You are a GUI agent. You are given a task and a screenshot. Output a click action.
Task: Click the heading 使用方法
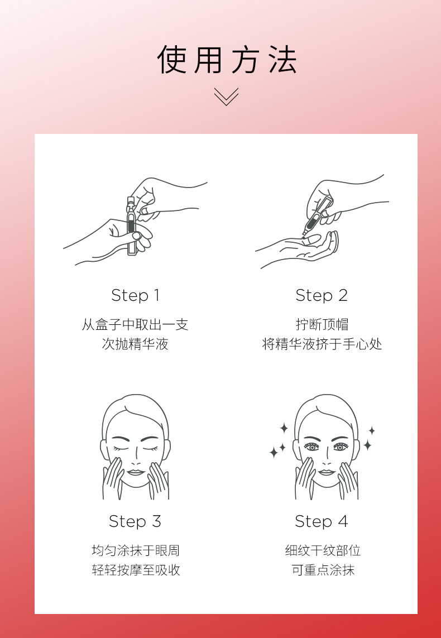227,59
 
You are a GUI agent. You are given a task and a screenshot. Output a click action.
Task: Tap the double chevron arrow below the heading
226,97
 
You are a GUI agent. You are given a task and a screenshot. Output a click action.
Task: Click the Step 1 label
135,295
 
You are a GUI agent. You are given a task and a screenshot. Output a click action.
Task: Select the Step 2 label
322,295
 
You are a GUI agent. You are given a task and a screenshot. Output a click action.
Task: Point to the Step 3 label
135,521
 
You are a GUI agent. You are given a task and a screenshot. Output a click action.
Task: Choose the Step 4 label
322,521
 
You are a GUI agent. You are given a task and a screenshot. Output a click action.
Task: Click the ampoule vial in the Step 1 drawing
131,226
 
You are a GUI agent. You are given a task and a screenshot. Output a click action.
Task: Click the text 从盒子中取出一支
135,325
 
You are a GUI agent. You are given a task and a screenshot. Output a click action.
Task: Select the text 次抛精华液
135,344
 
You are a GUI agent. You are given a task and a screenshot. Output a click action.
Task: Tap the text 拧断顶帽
322,325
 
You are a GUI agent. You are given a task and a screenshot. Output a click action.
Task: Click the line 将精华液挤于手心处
322,344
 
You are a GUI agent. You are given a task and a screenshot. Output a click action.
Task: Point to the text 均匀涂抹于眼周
136,550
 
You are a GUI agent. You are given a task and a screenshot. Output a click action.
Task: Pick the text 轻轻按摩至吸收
136,570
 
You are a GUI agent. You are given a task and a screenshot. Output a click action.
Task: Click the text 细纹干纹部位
323,550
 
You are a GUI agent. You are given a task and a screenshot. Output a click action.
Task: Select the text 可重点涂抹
323,570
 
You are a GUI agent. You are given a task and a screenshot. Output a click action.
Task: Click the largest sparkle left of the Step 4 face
274,452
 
